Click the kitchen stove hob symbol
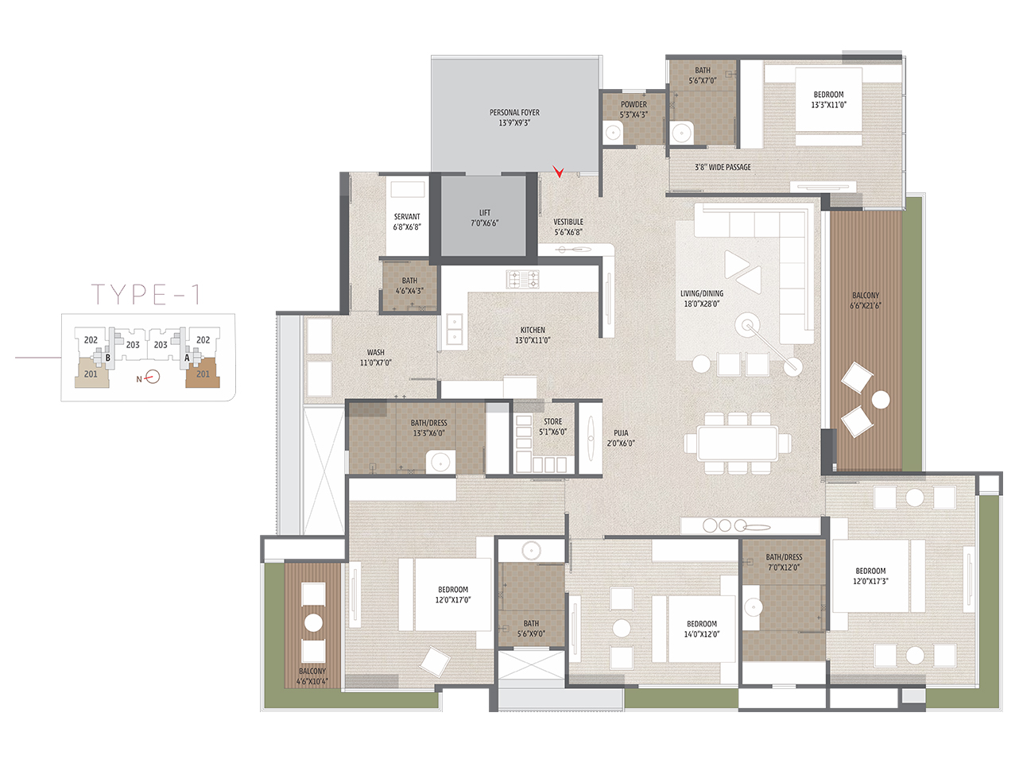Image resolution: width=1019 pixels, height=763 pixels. pos(522,280)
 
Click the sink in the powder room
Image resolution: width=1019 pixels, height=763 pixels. pos(614,132)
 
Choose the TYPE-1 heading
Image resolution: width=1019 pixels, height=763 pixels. pos(146,294)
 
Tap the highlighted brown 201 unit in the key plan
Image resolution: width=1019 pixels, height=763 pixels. pos(203,373)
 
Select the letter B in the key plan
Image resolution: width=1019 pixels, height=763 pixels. pos(108,358)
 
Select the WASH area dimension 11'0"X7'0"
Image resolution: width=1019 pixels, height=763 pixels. pos(376,363)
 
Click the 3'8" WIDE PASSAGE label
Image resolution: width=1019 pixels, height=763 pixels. pos(723,167)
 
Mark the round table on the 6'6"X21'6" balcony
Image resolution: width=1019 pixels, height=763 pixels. pos(881,400)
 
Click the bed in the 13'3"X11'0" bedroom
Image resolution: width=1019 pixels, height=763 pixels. pos(829,100)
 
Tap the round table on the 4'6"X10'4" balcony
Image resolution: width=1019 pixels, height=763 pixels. pos(313,623)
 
